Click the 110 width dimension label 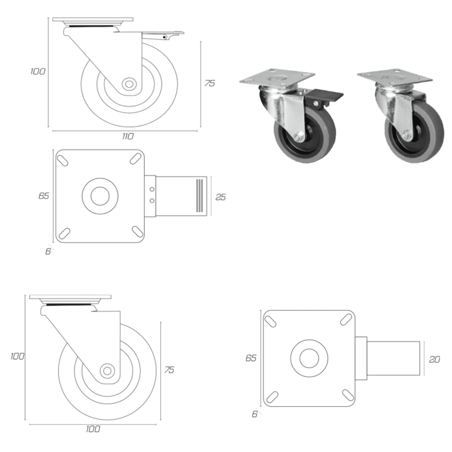128,136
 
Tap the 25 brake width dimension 221,197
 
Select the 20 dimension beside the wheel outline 435,359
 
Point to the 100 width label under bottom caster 93,429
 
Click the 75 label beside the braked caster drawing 210,83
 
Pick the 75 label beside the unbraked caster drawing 169,369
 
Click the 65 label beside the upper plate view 44,196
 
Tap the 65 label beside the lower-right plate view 251,358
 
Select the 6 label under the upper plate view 48,251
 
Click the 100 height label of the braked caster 37,71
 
